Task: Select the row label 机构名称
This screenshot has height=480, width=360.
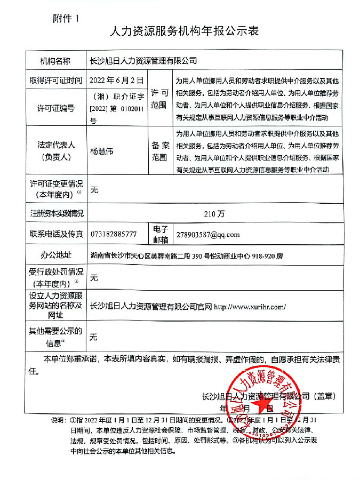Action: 55,61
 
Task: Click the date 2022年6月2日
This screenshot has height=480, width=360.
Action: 117,81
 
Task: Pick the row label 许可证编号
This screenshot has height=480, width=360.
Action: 55,109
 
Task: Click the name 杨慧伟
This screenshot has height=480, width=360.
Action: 102,151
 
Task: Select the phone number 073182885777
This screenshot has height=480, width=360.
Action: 114,235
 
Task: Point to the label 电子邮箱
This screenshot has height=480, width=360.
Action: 160,235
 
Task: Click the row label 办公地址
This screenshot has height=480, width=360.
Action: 55,255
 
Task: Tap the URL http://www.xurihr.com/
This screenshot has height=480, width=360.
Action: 250,307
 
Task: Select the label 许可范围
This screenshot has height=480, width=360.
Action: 159,99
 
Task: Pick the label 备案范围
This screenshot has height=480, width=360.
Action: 159,151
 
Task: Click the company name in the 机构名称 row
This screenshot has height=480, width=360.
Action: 143,61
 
